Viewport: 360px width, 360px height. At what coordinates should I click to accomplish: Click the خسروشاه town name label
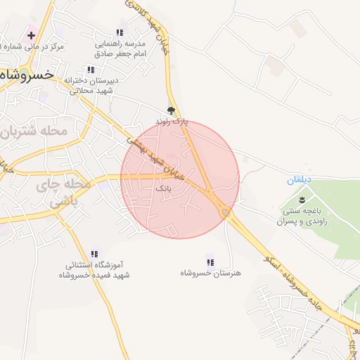(x=27, y=73)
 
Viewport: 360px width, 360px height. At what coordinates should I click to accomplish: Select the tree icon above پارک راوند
(x=171, y=110)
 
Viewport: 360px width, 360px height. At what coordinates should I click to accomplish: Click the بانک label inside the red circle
(x=162, y=189)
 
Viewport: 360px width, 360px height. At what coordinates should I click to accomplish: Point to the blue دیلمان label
(x=298, y=181)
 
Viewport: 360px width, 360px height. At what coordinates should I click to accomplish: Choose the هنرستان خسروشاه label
(x=210, y=272)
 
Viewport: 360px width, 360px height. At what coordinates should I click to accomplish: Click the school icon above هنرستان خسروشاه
(x=209, y=261)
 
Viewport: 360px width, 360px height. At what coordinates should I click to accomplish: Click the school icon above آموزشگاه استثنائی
(x=94, y=254)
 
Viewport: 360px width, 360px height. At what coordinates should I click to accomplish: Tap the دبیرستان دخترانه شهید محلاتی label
(x=92, y=85)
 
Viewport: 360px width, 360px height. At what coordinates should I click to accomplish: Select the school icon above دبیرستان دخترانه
(x=90, y=70)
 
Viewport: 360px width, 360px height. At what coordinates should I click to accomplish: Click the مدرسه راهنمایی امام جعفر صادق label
(x=120, y=48)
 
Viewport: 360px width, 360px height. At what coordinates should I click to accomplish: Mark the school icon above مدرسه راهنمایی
(x=120, y=33)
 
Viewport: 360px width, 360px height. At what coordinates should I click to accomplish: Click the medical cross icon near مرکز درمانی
(x=31, y=35)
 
